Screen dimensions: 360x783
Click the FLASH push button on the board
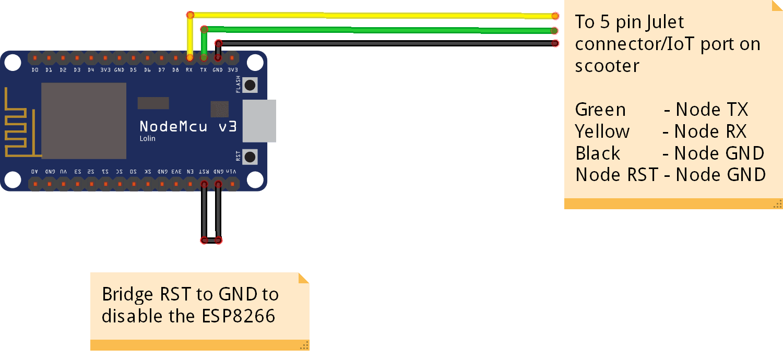251,85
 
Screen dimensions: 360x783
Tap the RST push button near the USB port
251,157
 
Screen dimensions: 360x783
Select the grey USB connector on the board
259,121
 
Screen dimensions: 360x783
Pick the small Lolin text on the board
147,139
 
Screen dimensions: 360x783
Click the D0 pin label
35,70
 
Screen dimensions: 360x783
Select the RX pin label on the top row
189,70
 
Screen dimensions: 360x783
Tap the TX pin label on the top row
204,70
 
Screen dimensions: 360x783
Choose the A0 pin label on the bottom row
35,171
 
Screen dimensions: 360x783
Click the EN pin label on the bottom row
190,171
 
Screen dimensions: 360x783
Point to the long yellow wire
365,14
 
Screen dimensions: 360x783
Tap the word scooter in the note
607,66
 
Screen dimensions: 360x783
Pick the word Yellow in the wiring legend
602,131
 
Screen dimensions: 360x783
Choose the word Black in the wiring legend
598,153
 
